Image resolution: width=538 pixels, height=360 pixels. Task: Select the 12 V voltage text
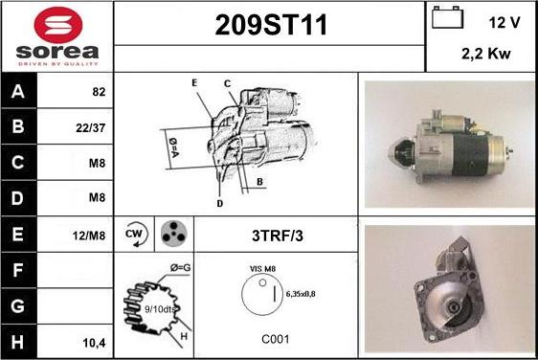pos(504,21)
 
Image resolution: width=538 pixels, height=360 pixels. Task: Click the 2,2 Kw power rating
pos(485,55)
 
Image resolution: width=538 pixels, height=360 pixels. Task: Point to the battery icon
pos(446,20)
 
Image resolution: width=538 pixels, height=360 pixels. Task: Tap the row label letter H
pos(18,340)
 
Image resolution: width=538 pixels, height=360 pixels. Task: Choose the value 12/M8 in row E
pos(93,235)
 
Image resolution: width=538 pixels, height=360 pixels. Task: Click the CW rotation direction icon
pos(135,234)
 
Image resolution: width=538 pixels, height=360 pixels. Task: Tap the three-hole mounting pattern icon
pos(173,234)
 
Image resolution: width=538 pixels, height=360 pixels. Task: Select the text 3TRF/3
pos(276,235)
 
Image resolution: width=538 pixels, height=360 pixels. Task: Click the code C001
pos(276,339)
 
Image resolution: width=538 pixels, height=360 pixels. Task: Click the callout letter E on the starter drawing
pos(194,83)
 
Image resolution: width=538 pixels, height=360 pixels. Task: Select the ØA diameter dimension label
pos(173,146)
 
